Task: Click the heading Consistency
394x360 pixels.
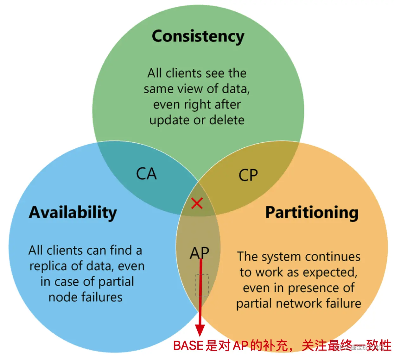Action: (198, 36)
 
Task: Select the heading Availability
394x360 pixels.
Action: (73, 213)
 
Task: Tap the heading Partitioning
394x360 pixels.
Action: (312, 213)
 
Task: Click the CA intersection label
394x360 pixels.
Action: (146, 174)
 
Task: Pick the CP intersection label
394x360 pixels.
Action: (248, 175)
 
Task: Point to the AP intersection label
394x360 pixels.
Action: (200, 253)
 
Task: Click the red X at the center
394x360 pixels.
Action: (197, 203)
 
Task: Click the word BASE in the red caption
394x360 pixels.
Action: (188, 345)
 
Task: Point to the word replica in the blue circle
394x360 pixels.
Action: (48, 266)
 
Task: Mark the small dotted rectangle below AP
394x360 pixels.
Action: (202, 285)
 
